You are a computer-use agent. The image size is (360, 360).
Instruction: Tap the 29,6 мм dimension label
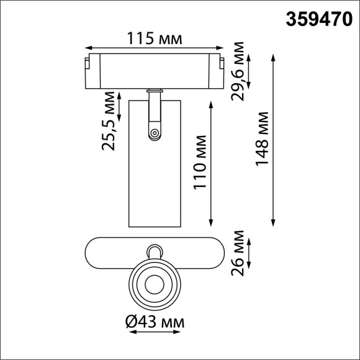click(236, 71)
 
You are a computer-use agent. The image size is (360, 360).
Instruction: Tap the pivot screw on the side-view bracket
click(154, 132)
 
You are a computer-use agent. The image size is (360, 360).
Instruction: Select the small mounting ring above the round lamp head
click(154, 252)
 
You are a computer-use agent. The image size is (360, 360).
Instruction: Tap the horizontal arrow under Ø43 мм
click(155, 332)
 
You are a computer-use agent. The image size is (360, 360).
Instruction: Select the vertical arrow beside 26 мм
click(249, 253)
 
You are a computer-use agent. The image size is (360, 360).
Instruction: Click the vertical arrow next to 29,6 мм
click(249, 71)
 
